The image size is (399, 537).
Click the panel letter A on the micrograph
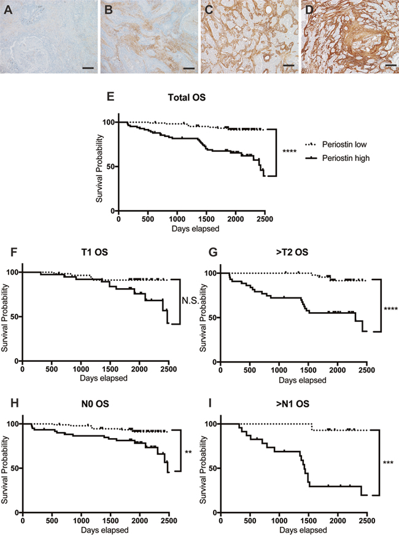(9, 10)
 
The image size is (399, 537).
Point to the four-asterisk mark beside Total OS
(290, 152)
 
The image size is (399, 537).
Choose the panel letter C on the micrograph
(209, 10)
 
